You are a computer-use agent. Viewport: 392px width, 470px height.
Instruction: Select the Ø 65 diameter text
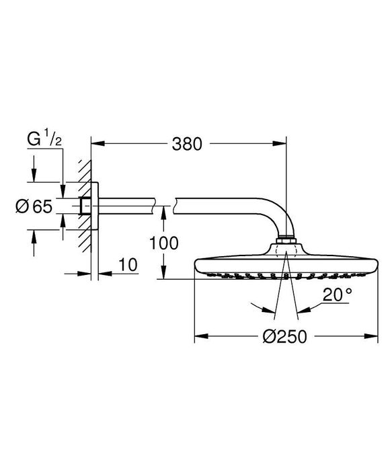point(33,207)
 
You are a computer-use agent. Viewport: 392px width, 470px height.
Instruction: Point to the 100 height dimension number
point(164,243)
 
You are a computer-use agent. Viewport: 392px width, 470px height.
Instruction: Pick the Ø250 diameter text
point(284,336)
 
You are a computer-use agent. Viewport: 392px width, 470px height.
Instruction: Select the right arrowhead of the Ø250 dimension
point(373,336)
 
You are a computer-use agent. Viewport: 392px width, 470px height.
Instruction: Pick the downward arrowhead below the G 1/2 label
point(63,194)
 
